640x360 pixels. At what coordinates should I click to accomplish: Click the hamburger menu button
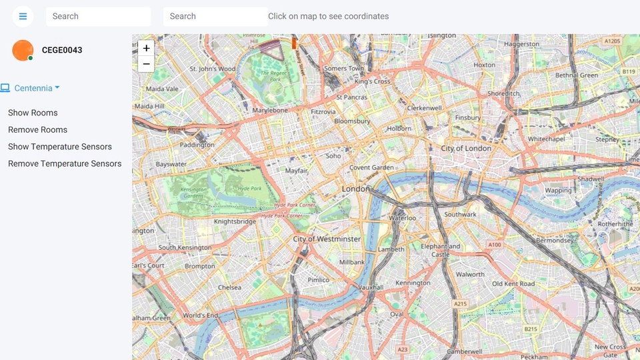23,16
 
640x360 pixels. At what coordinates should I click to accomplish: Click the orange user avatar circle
23,50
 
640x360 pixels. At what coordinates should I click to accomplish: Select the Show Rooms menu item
33,113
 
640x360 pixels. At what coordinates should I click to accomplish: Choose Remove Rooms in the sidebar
37,129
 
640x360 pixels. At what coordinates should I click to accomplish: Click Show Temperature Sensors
60,147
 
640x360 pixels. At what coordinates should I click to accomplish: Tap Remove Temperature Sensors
65,163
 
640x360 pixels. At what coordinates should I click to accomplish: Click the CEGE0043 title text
62,50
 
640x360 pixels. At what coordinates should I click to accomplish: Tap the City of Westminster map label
327,239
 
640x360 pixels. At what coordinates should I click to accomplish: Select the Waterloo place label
403,218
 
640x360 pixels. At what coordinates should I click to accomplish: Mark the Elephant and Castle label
440,250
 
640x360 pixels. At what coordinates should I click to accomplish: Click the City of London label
466,148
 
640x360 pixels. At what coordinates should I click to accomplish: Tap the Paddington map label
197,145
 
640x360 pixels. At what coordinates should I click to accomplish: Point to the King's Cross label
373,81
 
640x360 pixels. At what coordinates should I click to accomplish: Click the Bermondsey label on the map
555,240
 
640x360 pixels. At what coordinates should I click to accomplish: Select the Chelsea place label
229,287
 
